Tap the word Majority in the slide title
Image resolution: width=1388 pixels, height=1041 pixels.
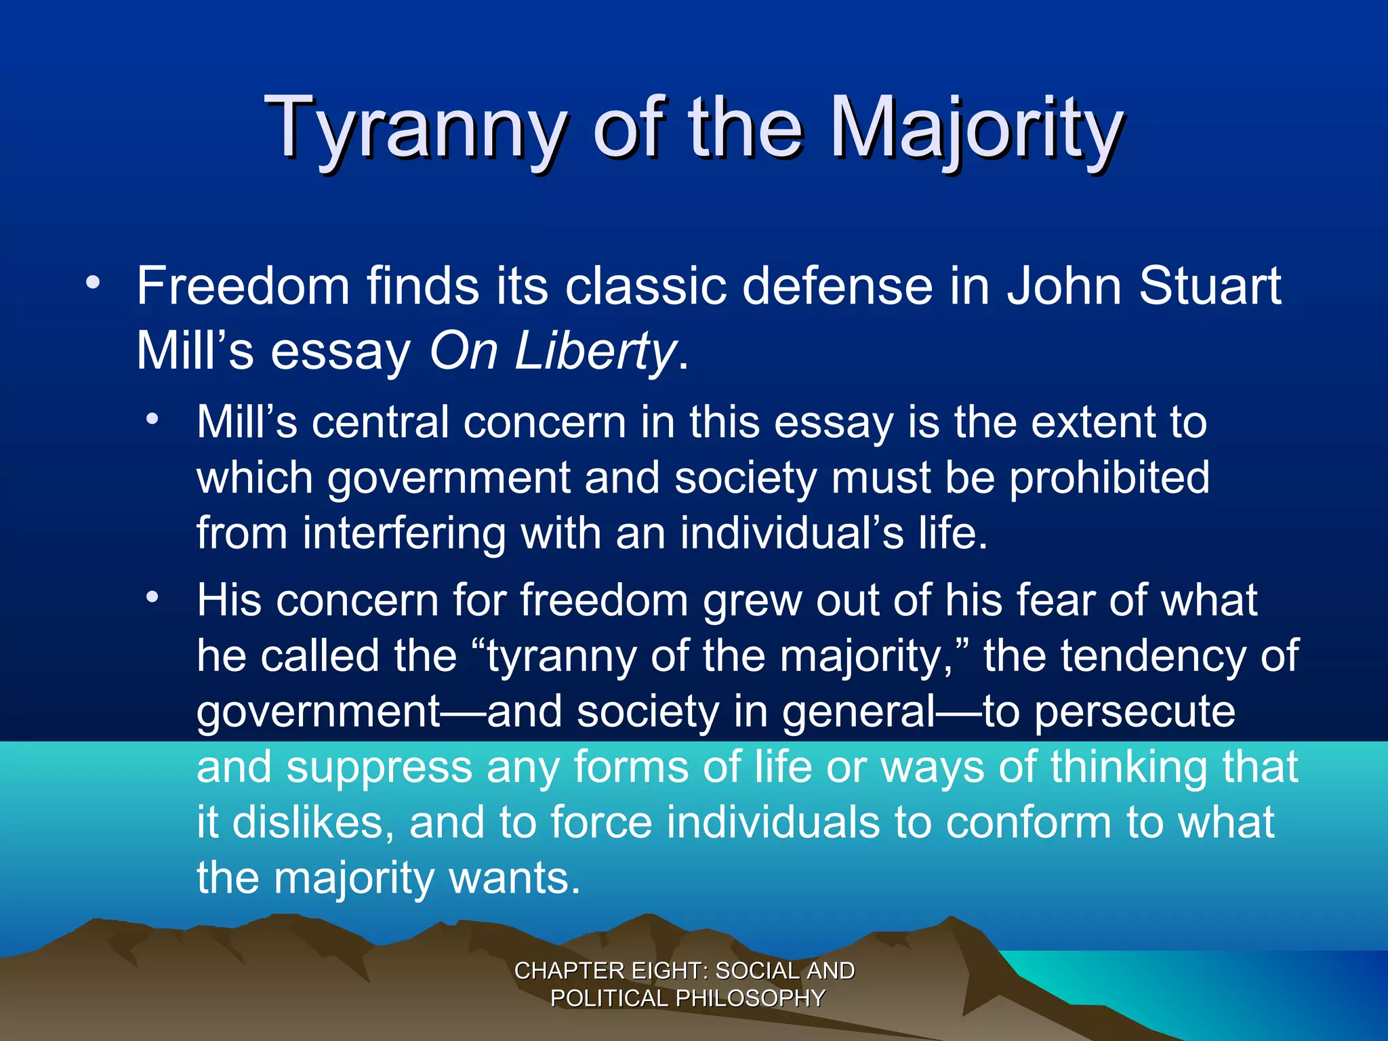coord(977,129)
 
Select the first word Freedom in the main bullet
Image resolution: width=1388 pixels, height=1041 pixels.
coord(243,286)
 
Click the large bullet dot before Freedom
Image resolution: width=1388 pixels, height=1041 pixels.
coord(94,283)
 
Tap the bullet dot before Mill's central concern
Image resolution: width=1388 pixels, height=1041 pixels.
coord(154,419)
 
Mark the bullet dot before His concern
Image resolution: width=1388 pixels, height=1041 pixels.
coord(154,597)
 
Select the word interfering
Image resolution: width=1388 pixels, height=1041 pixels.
coord(404,533)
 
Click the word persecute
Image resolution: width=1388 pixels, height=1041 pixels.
coord(1135,712)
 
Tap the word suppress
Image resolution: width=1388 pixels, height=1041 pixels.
coord(379,768)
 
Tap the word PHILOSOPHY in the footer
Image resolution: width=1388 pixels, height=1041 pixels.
coord(750,998)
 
